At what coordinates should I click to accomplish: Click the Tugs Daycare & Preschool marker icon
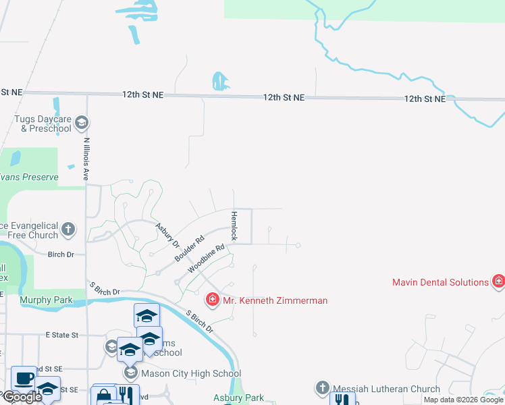(x=82, y=122)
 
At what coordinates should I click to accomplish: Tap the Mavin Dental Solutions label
(x=440, y=282)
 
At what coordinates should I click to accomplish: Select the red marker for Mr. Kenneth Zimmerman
(x=212, y=299)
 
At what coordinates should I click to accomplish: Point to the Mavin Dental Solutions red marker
(x=498, y=281)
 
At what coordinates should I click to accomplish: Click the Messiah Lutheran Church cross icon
(x=321, y=388)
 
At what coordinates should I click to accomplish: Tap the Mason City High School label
(x=190, y=373)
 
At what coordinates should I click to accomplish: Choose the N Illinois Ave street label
(x=86, y=159)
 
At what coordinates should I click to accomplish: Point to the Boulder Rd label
(x=190, y=249)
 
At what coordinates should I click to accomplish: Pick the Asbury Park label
(x=239, y=398)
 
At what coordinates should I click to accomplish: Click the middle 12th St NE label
(x=284, y=98)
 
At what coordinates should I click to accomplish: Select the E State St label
(x=62, y=335)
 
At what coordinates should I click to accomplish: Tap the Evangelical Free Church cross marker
(x=68, y=230)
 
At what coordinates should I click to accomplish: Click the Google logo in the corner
(x=22, y=398)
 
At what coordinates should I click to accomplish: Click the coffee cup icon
(x=24, y=379)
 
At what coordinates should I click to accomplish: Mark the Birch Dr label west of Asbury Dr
(x=61, y=254)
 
